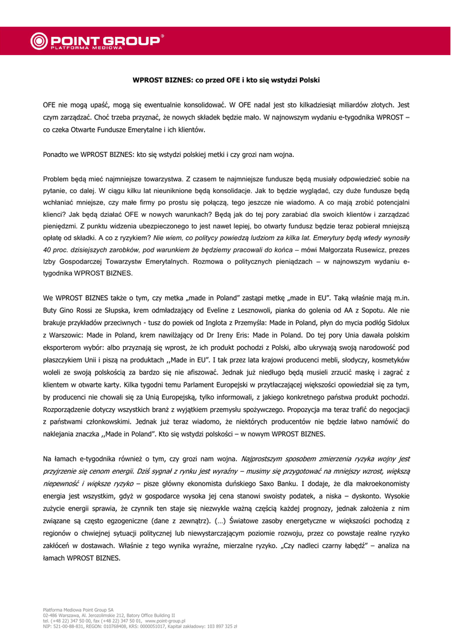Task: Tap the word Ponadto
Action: click(56, 154)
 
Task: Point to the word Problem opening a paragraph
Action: click(57, 179)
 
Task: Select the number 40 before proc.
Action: click(47, 250)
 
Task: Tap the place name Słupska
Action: click(121, 310)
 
